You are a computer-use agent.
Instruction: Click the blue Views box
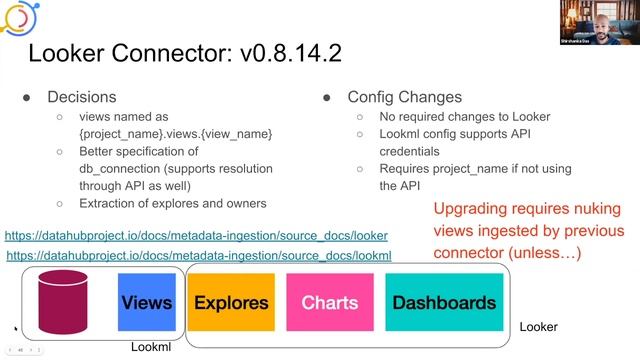pos(146,302)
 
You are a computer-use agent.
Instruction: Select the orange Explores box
pos(231,302)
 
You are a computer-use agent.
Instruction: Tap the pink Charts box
pos(329,302)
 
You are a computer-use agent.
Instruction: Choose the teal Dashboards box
pos(443,302)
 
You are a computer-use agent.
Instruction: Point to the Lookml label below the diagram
pos(154,347)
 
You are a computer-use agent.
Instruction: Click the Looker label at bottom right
pos(538,327)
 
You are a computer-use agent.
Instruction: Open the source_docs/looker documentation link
pos(196,236)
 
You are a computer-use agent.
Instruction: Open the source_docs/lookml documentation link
pos(198,256)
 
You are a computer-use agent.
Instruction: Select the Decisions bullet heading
pos(83,97)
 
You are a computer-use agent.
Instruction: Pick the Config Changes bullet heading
pos(404,97)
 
